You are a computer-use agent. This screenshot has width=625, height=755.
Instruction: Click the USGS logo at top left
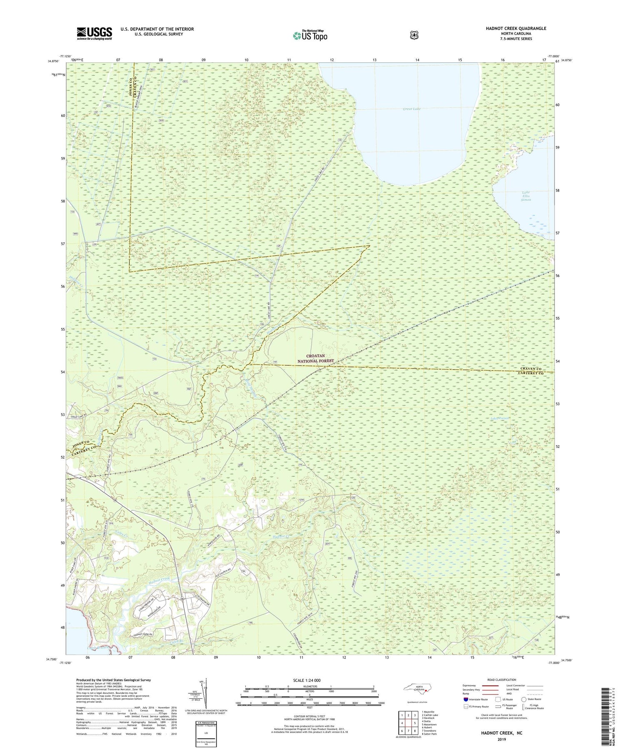(94, 33)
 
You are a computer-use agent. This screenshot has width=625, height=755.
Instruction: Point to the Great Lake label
(412, 109)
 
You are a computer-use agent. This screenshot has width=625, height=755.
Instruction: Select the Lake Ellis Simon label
(526, 196)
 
